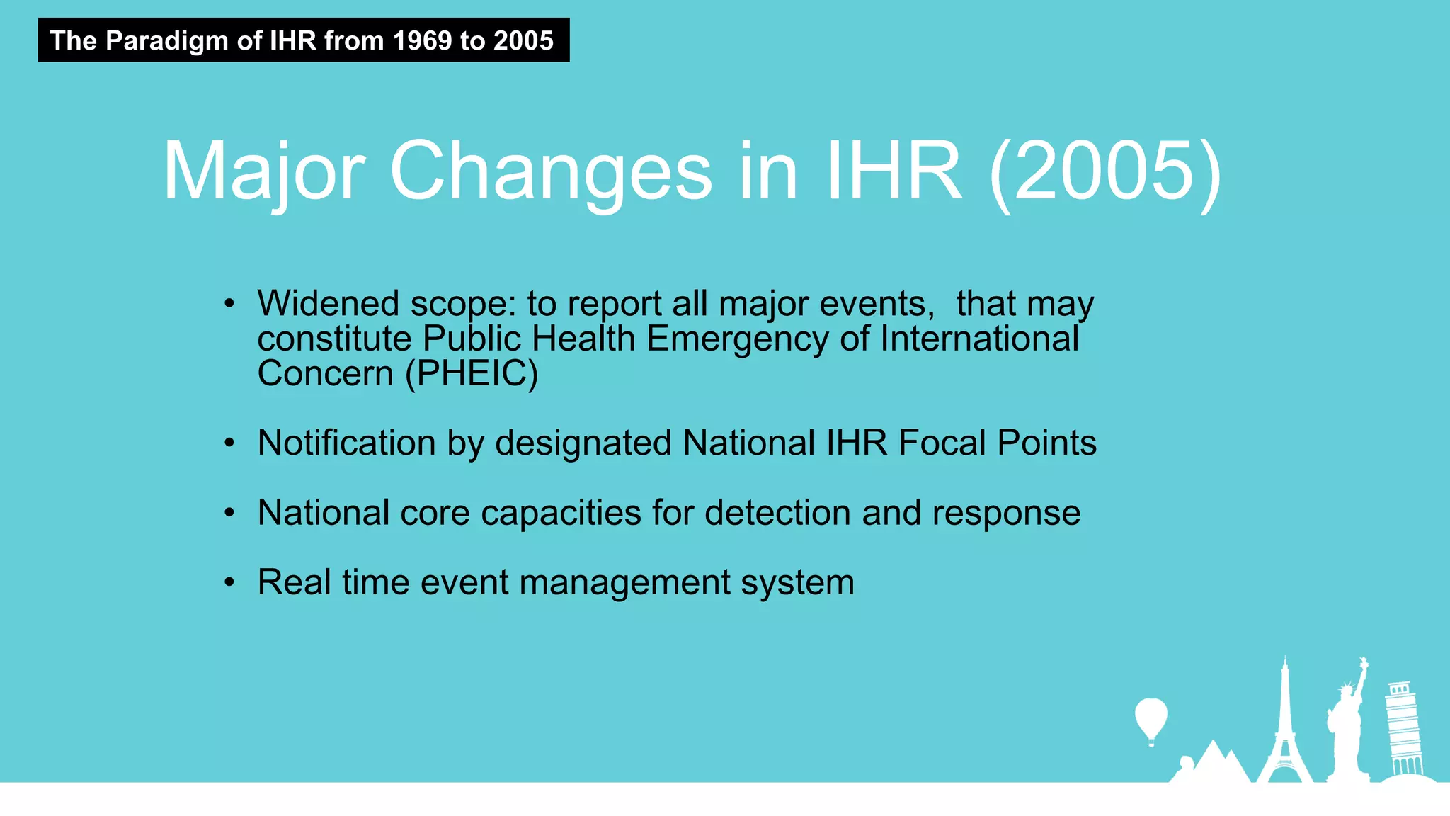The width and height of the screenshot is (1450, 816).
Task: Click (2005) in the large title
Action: coord(1104,171)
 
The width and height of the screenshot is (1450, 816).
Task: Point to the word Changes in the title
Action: coord(550,171)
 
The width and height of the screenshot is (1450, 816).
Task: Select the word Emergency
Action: coord(736,339)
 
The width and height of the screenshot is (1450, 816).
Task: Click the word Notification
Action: coord(346,443)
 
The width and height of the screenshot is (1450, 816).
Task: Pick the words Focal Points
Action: coord(997,443)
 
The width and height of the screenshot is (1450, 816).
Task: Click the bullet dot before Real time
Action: coord(229,583)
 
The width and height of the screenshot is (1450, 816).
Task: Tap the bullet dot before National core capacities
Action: coord(229,513)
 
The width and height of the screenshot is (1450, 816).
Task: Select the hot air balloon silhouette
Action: coord(1151,719)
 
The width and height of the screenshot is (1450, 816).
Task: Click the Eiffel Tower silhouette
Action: coord(1284,730)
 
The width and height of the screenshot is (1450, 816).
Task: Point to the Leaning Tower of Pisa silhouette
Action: coord(1403,730)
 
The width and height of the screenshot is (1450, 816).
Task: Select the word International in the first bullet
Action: coord(978,339)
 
